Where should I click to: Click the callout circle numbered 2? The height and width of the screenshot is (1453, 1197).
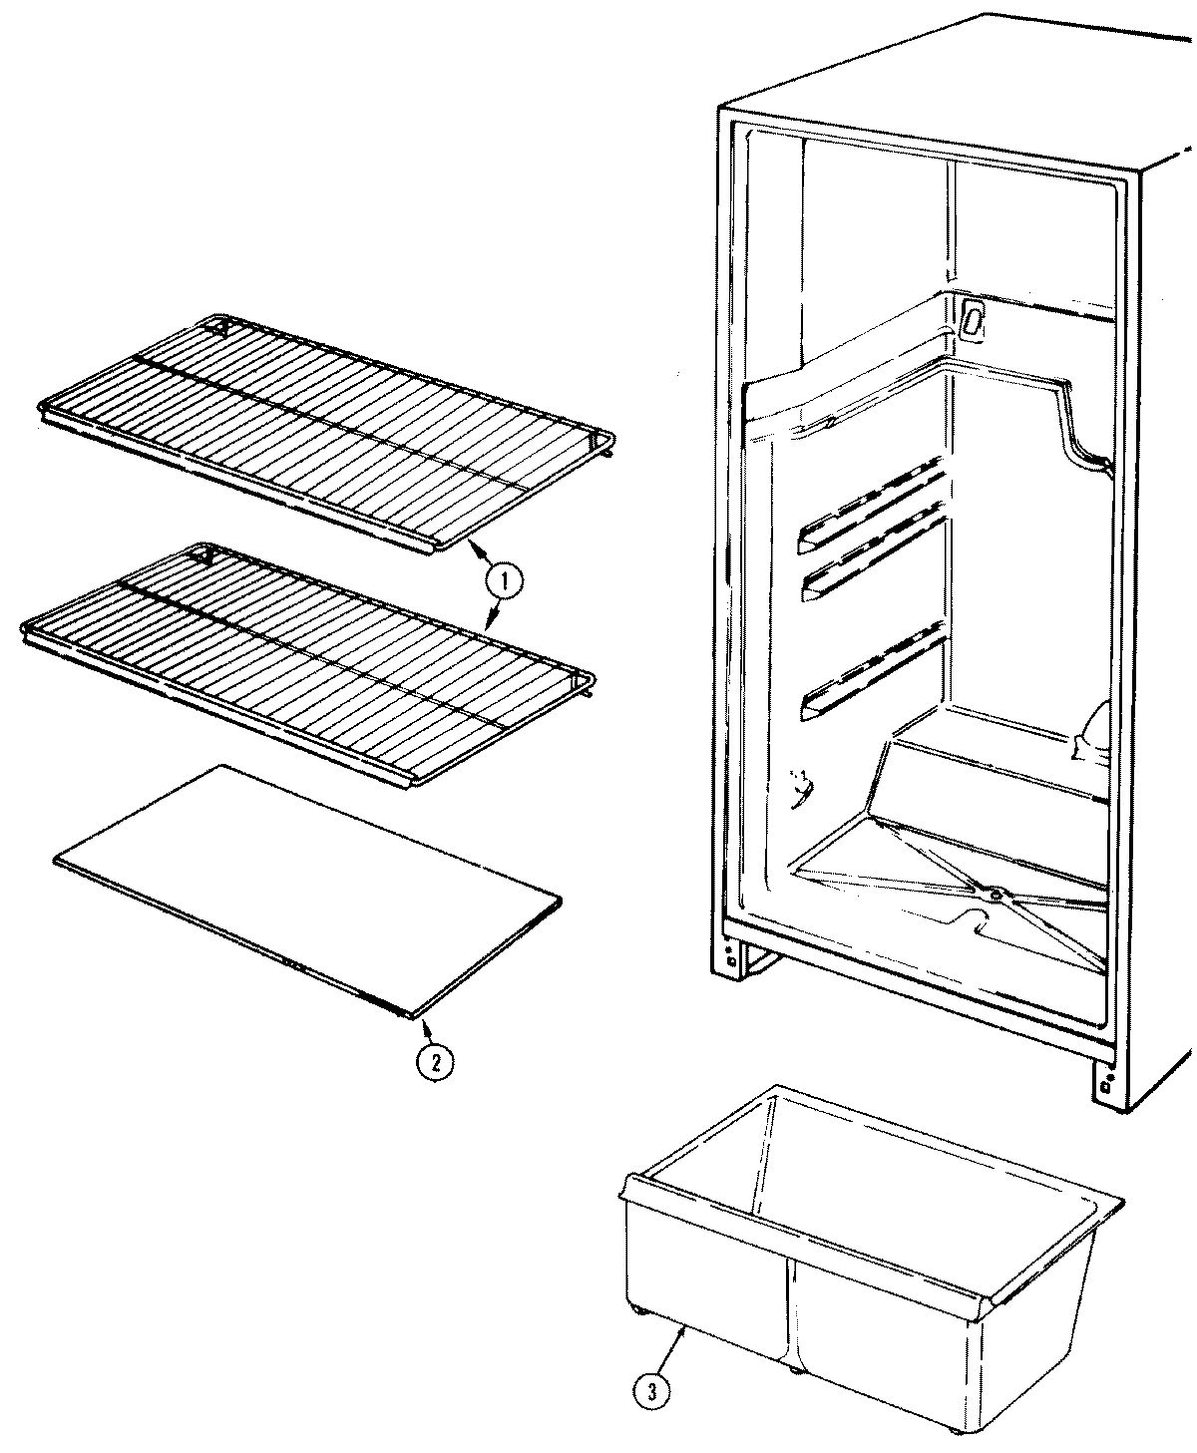click(x=435, y=1063)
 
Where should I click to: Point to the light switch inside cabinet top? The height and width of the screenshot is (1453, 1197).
click(x=974, y=319)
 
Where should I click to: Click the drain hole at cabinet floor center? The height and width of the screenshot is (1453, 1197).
click(x=996, y=895)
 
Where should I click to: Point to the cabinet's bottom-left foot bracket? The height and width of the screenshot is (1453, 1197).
click(x=734, y=958)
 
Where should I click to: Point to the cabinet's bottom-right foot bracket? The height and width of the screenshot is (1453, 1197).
click(x=1108, y=1081)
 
